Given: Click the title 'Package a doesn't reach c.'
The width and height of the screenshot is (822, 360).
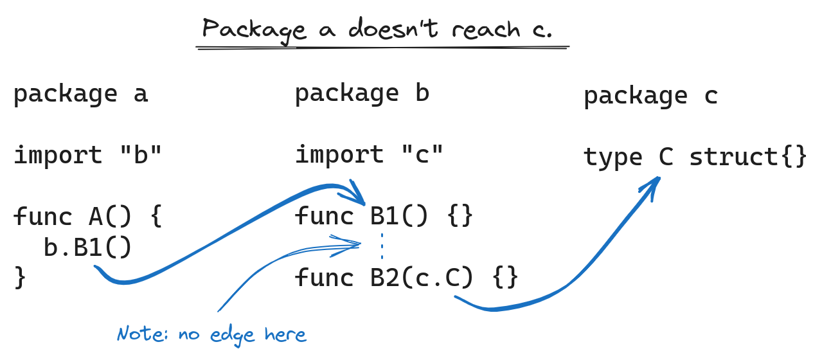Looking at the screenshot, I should [378, 30].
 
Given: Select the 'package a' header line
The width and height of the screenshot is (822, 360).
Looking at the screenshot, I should [80, 94].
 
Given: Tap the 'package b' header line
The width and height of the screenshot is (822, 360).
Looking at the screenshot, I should [362, 94].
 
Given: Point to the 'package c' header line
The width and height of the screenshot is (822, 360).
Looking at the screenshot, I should [650, 96].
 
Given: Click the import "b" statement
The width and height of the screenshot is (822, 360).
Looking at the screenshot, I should [88, 156].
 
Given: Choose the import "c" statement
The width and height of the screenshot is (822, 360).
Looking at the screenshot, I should [370, 155].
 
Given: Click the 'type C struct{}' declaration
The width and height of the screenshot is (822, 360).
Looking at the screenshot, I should [695, 157].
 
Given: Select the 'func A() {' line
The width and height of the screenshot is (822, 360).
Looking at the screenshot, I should [88, 217].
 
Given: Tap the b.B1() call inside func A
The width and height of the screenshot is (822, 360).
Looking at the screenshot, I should [88, 248].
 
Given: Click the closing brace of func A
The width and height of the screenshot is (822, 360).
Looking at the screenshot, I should [21, 278].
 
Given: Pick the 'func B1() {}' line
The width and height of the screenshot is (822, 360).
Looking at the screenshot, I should [384, 216].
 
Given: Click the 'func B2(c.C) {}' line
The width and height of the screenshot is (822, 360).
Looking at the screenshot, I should [406, 278].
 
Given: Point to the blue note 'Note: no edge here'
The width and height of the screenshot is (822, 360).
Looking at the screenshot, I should [211, 334].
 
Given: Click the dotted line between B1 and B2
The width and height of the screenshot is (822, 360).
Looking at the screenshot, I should [382, 246].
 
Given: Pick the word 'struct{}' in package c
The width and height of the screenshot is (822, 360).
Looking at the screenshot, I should [748, 157].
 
